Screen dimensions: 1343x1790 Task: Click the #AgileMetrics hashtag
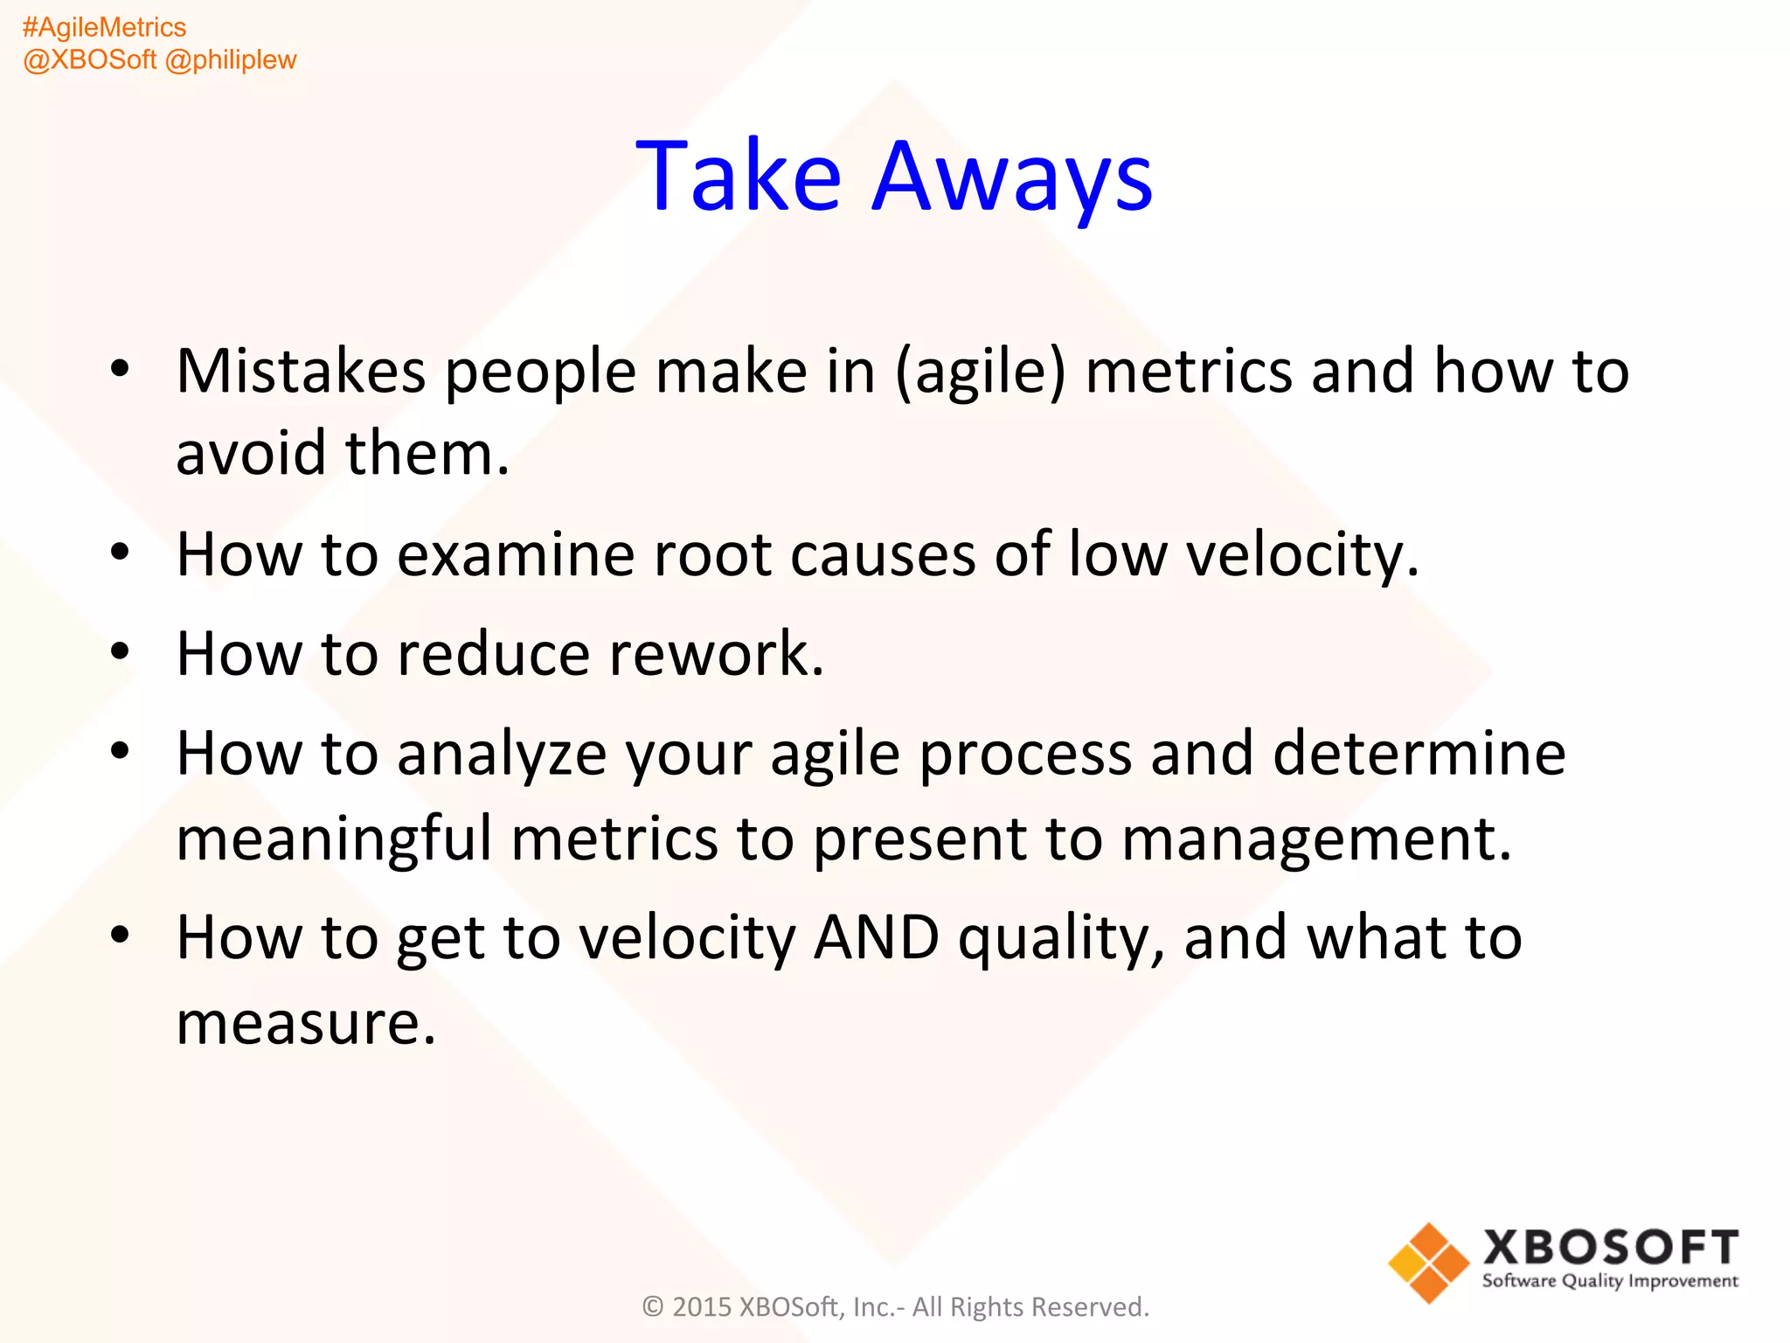tap(104, 27)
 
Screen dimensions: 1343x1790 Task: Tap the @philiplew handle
tap(231, 59)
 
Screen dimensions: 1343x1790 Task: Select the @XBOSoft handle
tap(90, 59)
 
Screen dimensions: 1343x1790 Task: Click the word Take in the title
tap(739, 177)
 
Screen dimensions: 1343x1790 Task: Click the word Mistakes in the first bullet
tap(301, 372)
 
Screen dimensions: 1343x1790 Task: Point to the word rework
tap(716, 654)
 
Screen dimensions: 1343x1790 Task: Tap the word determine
tap(1419, 754)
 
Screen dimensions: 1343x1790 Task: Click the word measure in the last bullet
tap(305, 1024)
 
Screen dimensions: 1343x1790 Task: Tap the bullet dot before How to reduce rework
tap(121, 651)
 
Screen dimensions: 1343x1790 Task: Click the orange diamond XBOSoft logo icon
tap(1428, 1263)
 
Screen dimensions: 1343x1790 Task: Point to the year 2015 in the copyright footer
tap(701, 1307)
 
